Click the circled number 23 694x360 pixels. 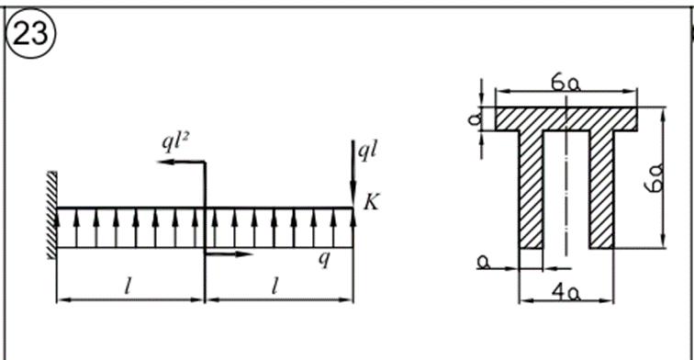click(30, 34)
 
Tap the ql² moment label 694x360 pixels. click(175, 142)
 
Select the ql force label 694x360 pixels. click(367, 151)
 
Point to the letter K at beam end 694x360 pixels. click(372, 202)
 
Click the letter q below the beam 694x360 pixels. click(324, 259)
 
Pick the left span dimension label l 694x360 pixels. click(128, 287)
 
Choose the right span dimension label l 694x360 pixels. click(274, 287)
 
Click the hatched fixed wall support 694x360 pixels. click(51, 215)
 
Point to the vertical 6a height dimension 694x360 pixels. click(655, 177)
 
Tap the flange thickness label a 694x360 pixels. click(475, 118)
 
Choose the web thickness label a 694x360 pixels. click(484, 262)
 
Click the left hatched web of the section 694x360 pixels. click(531, 189)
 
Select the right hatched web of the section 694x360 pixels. click(601, 189)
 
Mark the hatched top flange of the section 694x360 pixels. click(566, 118)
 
